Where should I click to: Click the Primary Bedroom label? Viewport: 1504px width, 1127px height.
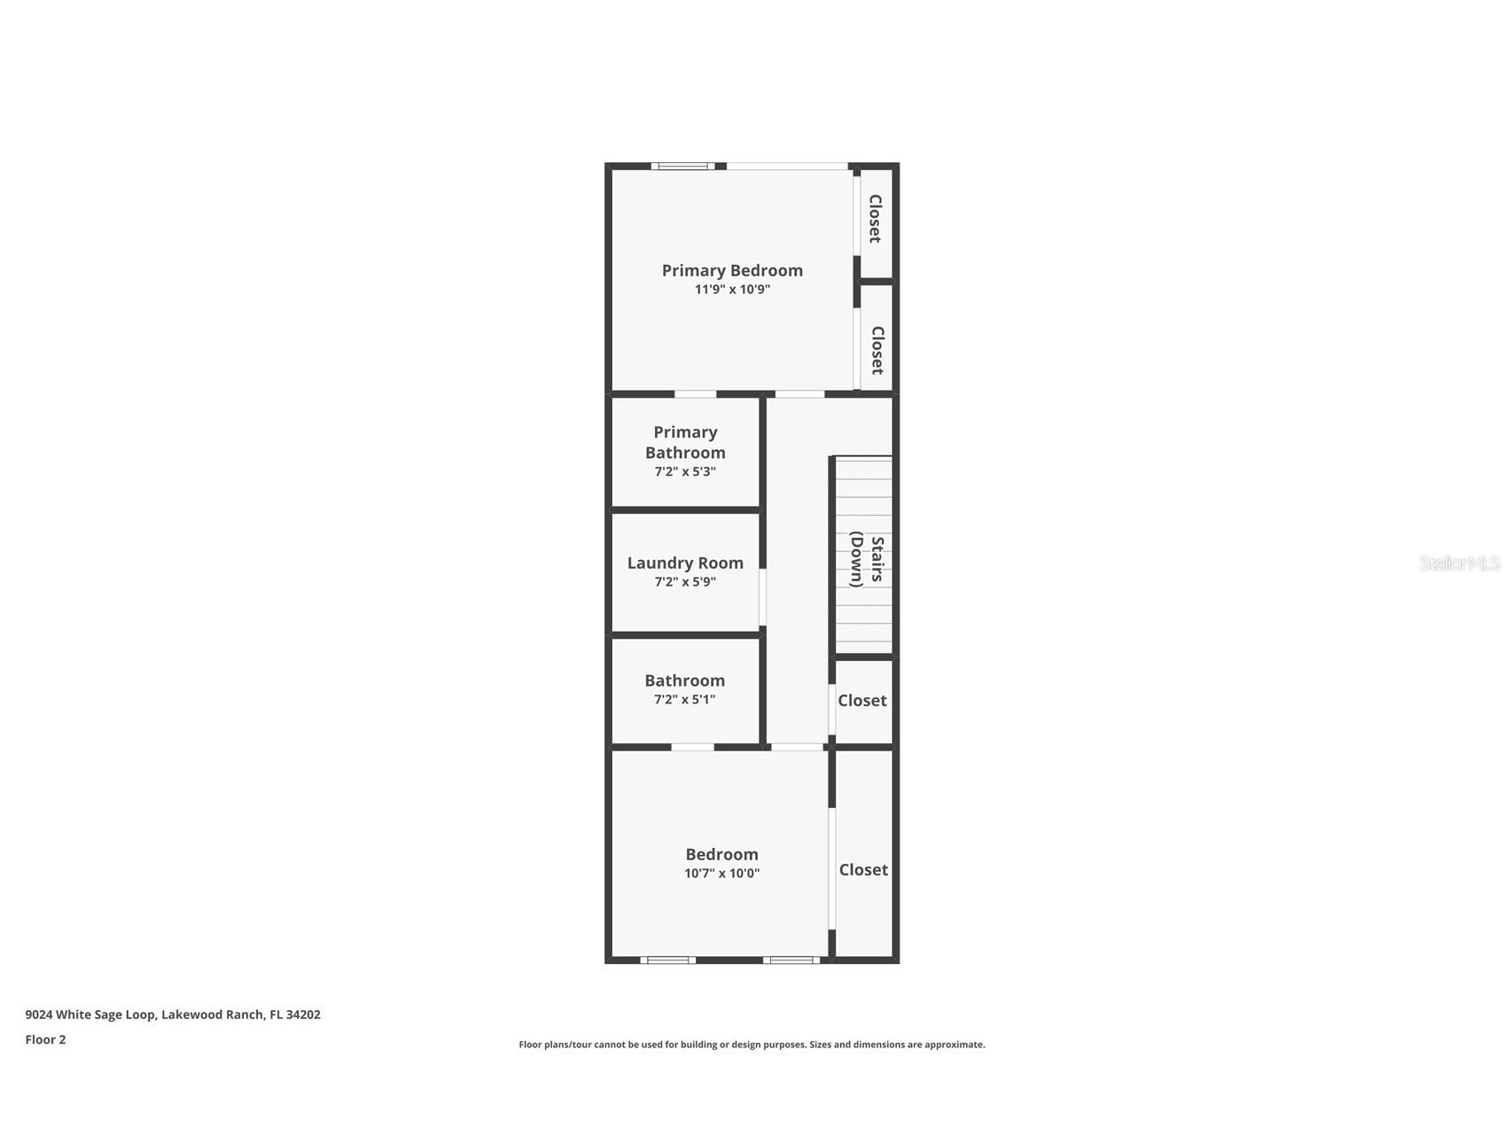click(x=732, y=270)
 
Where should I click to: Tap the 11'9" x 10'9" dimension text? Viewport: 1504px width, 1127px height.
click(x=732, y=290)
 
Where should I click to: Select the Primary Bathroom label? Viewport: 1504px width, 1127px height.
click(x=685, y=442)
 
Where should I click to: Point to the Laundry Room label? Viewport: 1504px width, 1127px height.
click(x=685, y=563)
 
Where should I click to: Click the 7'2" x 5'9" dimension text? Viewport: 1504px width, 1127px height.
click(x=685, y=582)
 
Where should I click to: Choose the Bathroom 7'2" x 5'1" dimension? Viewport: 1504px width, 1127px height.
click(x=685, y=700)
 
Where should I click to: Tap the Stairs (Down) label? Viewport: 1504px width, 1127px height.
click(x=867, y=560)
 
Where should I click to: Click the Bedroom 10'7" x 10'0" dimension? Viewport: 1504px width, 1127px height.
click(x=721, y=874)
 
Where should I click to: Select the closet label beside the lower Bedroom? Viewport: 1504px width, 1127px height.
click(x=863, y=870)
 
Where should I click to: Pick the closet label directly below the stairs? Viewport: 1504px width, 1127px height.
click(x=862, y=701)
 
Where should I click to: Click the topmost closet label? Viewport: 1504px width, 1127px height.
click(x=875, y=219)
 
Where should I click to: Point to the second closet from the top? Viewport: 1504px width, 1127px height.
click(x=877, y=350)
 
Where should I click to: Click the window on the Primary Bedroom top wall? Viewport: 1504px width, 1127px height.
click(x=683, y=166)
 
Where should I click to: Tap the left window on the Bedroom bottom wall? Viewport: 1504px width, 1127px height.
click(x=667, y=960)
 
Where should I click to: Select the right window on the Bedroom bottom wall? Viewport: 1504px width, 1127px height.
click(x=791, y=960)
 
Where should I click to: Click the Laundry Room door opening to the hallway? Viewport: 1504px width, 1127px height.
click(x=762, y=597)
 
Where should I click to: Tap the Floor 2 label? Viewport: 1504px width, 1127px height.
click(x=45, y=1040)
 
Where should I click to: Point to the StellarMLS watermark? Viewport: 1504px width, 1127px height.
click(x=1459, y=563)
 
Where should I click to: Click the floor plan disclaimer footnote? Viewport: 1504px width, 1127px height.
click(x=752, y=1045)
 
